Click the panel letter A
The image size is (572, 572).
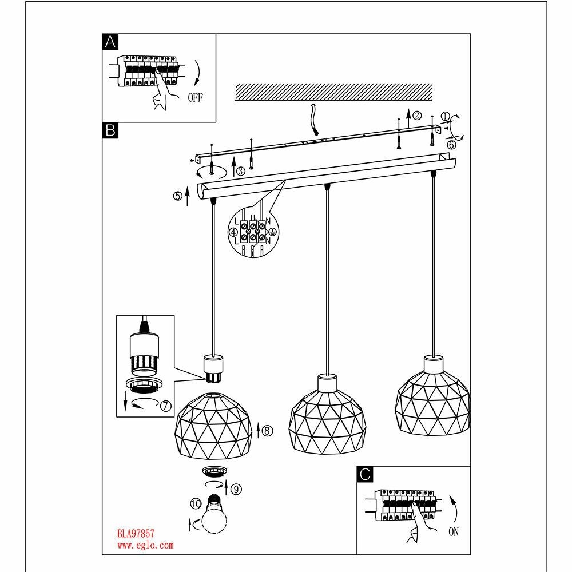tap(110, 42)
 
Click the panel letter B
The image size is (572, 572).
tap(110, 130)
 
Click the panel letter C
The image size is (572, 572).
tap(365, 474)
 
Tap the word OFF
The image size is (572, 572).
tap(195, 97)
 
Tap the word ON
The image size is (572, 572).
tap(454, 532)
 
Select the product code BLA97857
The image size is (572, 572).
tap(136, 534)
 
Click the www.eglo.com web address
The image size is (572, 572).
tap(145, 545)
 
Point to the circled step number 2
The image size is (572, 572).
tap(418, 115)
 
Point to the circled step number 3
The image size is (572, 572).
tap(241, 170)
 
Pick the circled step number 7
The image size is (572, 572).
tap(165, 406)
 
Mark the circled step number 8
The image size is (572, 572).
tap(268, 430)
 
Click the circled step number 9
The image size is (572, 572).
tap(237, 488)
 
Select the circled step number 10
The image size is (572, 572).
tap(196, 504)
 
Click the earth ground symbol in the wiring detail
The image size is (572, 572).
tap(273, 232)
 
